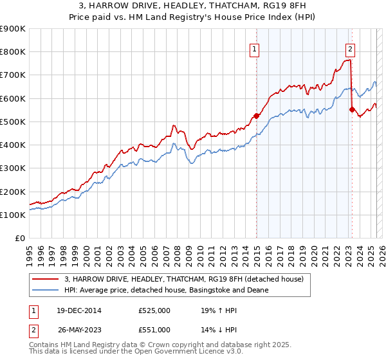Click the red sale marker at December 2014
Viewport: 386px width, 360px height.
click(x=256, y=116)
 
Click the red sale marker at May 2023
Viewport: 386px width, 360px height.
click(x=352, y=109)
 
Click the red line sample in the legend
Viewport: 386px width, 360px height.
click(x=46, y=278)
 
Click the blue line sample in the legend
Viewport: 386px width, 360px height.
click(x=46, y=290)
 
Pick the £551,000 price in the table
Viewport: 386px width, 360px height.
click(x=154, y=330)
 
